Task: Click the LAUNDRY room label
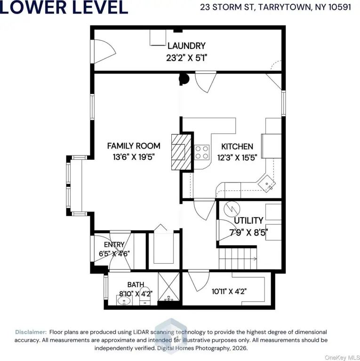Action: [x=186, y=46]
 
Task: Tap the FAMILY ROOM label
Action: [x=134, y=146]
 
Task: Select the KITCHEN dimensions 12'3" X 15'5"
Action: [x=237, y=157]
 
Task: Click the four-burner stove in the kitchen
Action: [x=202, y=152]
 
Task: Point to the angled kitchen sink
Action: [x=267, y=183]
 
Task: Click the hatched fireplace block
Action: [x=181, y=152]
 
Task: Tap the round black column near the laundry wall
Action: [x=184, y=79]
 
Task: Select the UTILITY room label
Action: [x=248, y=220]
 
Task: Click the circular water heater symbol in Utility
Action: [x=232, y=209]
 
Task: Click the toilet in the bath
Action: [x=145, y=296]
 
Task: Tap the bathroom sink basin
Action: [x=124, y=300]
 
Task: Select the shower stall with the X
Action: [x=169, y=287]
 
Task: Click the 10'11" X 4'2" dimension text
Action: [x=229, y=291]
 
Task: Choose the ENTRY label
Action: [x=114, y=244]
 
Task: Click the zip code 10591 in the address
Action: [x=340, y=7]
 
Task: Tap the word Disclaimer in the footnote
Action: [x=31, y=332]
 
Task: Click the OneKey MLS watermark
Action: [x=342, y=358]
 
